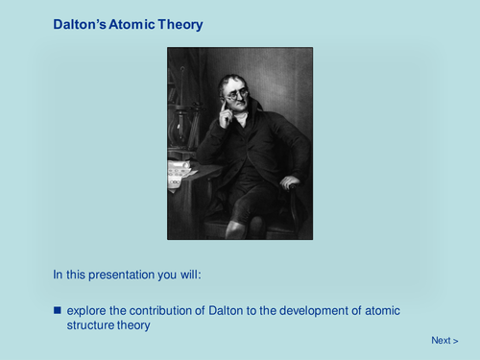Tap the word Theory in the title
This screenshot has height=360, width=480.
[x=181, y=24]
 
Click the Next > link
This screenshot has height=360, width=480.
[x=444, y=340]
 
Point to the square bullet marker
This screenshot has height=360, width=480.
[x=57, y=310]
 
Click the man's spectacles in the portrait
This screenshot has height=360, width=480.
[x=236, y=93]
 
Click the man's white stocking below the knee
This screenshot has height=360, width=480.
[x=233, y=228]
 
